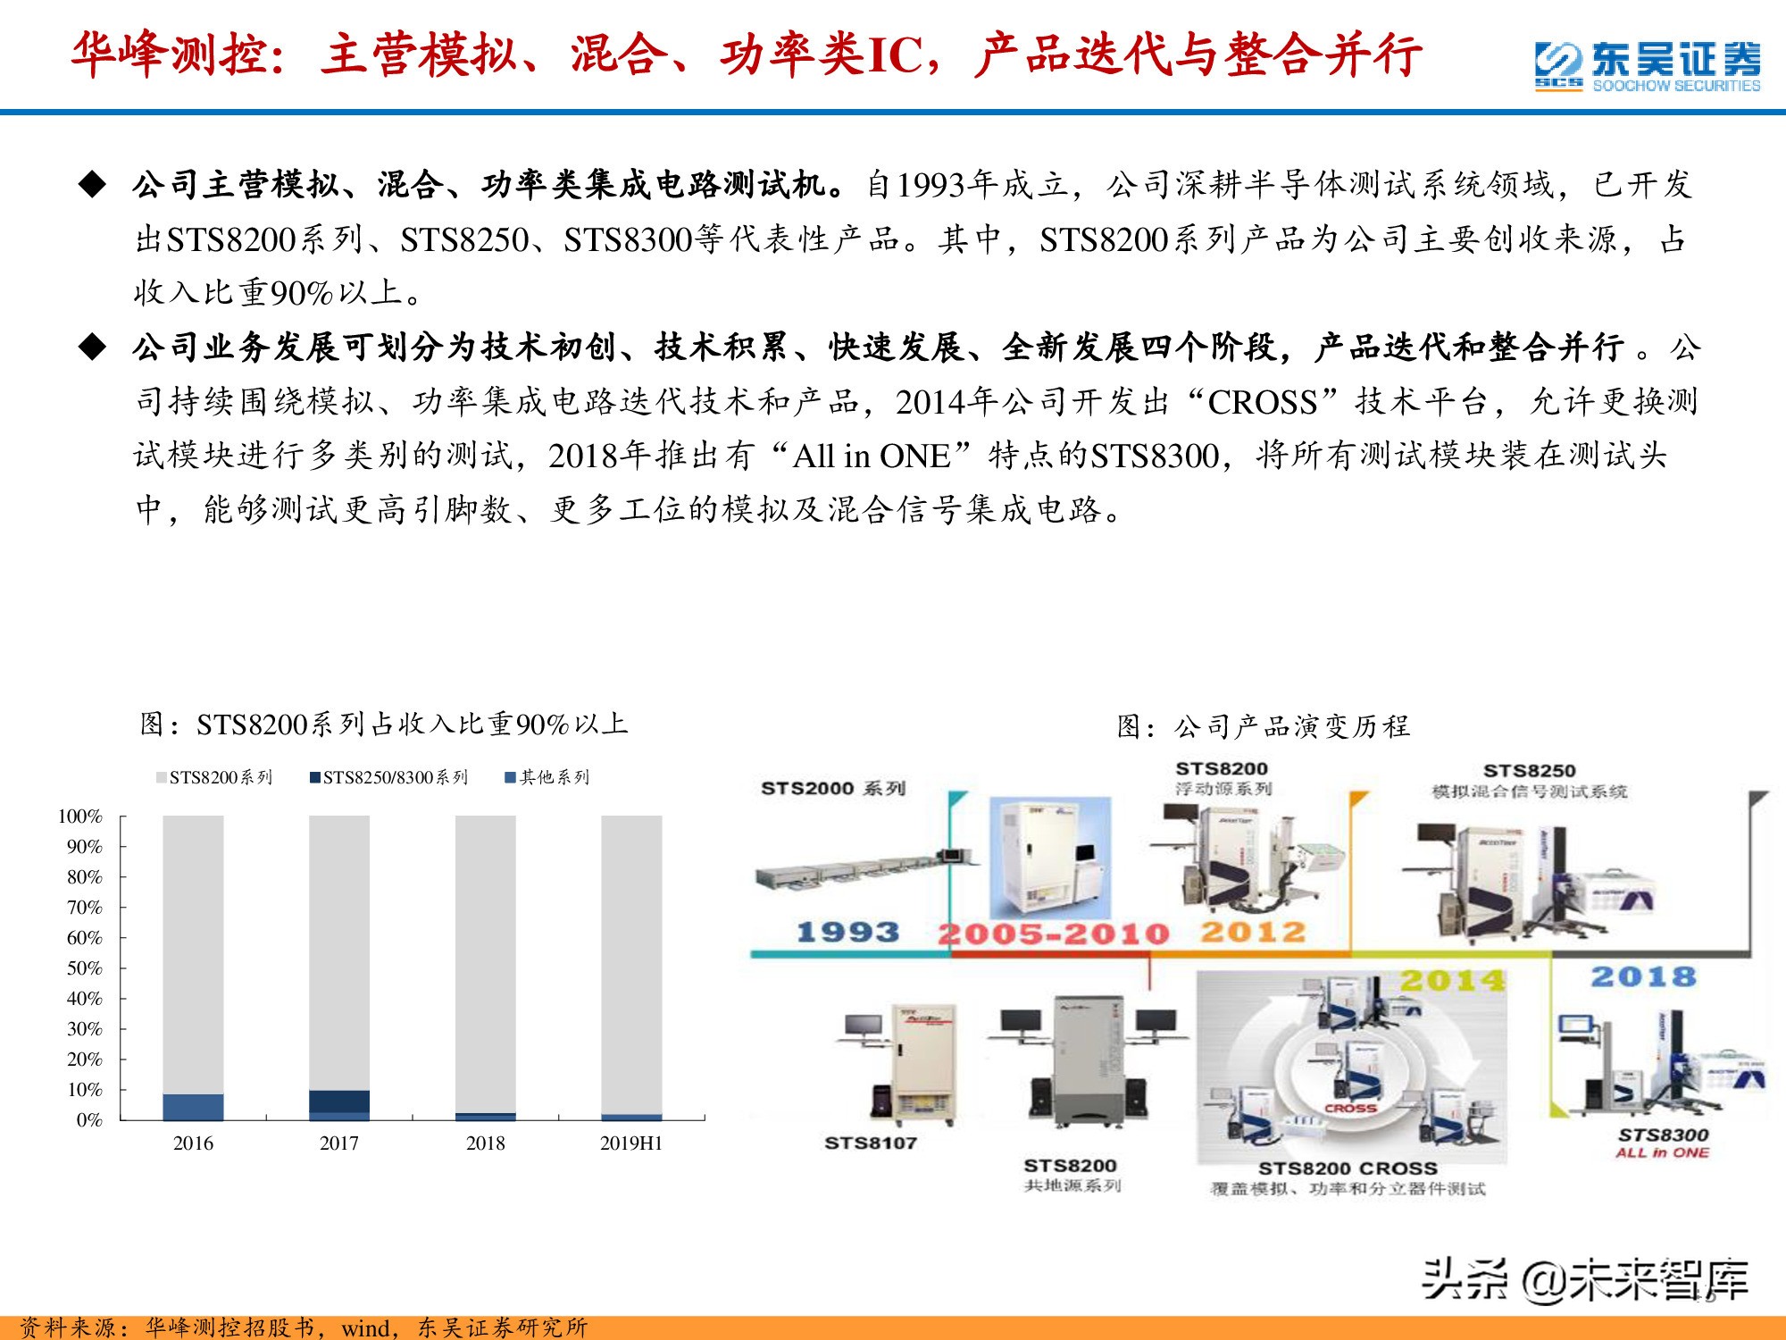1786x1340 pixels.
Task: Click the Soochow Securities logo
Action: tap(1648, 66)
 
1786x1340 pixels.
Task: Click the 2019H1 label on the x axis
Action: tap(630, 1143)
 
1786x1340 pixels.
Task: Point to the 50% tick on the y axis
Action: tap(85, 968)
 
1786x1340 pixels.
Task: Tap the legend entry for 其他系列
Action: tap(547, 778)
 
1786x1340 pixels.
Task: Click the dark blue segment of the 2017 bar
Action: tap(339, 1101)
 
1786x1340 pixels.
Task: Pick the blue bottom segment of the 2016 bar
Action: tap(193, 1107)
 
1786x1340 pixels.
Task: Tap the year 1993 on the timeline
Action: tap(847, 933)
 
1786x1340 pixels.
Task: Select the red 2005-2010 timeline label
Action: tap(1053, 934)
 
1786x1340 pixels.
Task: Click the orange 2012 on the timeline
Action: tap(1252, 933)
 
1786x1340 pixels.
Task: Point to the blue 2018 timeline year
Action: tap(1642, 977)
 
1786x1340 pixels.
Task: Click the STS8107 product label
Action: tap(871, 1143)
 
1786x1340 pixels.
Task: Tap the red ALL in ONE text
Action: tap(1662, 1153)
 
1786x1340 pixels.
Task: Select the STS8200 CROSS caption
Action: tap(1348, 1168)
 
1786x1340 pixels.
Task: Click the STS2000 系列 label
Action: tap(832, 788)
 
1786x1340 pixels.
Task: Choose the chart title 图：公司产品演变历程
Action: tap(1263, 726)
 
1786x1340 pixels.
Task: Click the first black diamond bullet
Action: tap(92, 185)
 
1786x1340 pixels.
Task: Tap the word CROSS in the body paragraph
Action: tap(1262, 403)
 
